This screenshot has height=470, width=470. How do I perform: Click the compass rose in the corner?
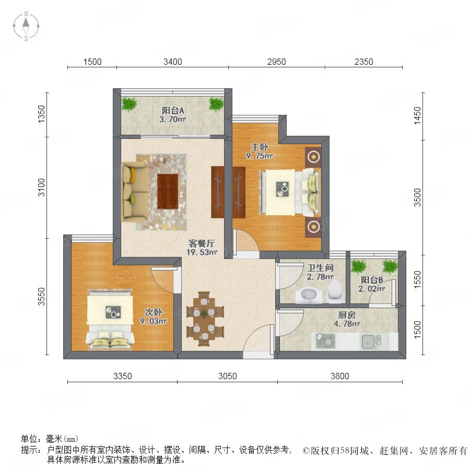[26, 26]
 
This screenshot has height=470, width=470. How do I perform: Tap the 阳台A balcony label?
[173, 115]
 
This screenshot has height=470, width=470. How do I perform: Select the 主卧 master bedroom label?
[259, 151]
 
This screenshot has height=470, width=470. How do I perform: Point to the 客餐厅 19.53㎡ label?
[202, 248]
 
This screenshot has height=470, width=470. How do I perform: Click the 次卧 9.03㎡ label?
[153, 316]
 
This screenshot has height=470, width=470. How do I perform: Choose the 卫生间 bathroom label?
[321, 272]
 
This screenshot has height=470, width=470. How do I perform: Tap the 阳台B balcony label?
[372, 284]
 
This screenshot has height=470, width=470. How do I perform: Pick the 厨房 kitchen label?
[347, 320]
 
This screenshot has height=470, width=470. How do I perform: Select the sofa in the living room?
[135, 191]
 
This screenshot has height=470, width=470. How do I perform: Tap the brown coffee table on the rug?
[168, 191]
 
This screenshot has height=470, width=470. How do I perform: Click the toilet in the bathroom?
[335, 291]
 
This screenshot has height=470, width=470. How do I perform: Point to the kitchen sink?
[371, 342]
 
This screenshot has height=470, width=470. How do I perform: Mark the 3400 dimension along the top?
[173, 62]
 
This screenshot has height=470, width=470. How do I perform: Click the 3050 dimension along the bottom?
[228, 376]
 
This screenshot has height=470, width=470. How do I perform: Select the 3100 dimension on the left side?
[41, 187]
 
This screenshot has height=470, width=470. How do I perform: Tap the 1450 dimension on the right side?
[417, 116]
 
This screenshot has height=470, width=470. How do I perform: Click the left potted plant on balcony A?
[129, 104]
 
